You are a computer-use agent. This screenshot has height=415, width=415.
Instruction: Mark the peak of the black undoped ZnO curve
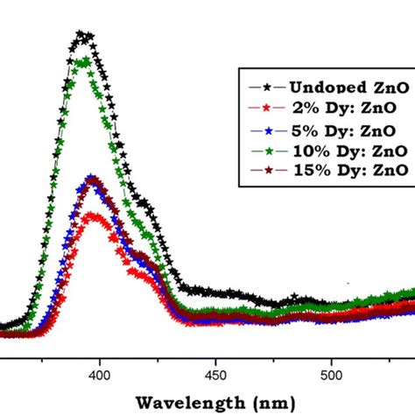tap(82, 35)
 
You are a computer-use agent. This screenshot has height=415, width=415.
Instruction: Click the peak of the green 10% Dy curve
tap(84, 61)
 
